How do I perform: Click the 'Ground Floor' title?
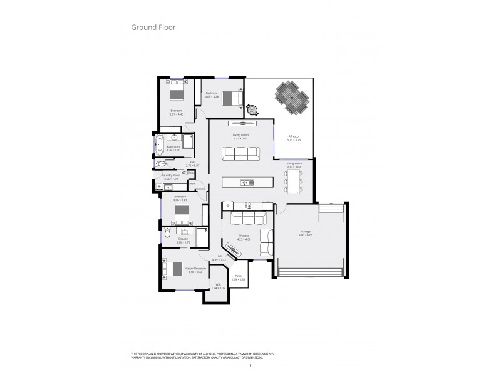click(153, 27)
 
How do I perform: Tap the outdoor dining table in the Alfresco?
click(291, 97)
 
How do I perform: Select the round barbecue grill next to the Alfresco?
click(252, 109)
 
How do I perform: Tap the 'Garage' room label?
click(305, 232)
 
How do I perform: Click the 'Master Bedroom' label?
click(195, 269)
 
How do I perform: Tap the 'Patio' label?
click(239, 277)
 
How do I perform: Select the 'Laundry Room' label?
click(172, 176)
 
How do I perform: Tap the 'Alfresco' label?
click(293, 137)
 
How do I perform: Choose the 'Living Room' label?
click(241, 136)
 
